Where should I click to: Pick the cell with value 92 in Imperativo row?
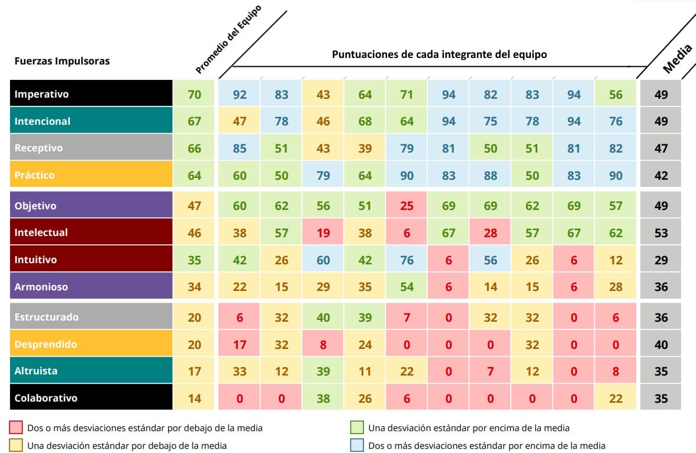point(240,94)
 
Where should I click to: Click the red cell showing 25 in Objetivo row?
point(407,206)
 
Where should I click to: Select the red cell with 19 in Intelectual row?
point(323,232)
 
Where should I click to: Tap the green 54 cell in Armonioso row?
point(407,287)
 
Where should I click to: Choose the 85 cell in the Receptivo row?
point(240,148)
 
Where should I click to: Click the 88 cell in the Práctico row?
point(490,175)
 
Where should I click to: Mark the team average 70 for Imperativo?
point(194,94)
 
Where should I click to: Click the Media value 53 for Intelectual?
point(661,232)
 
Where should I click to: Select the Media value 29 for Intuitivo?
point(661,260)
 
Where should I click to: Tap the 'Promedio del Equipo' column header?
point(228,40)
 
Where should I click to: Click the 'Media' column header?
point(677,59)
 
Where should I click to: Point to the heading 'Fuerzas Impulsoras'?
point(62,61)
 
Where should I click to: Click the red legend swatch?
point(16,428)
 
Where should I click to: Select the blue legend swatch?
point(357,445)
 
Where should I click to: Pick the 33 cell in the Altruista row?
point(240,371)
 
